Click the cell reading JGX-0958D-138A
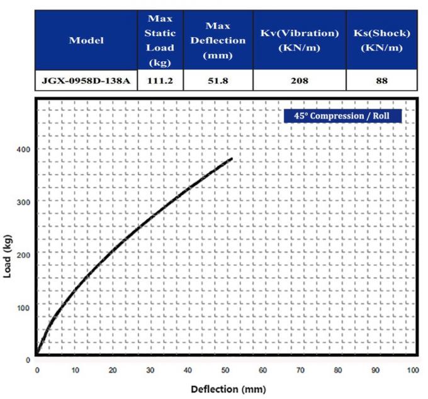click(x=86, y=81)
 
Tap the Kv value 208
click(x=299, y=81)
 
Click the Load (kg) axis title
click(x=8, y=254)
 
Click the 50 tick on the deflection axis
click(x=225, y=370)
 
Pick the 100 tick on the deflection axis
click(x=413, y=370)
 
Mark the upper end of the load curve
click(x=232, y=158)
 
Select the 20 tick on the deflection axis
click(x=113, y=370)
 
